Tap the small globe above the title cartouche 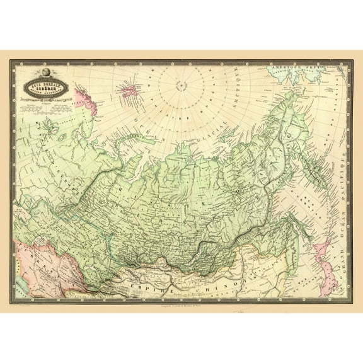pyautogui.click(x=45, y=67)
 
